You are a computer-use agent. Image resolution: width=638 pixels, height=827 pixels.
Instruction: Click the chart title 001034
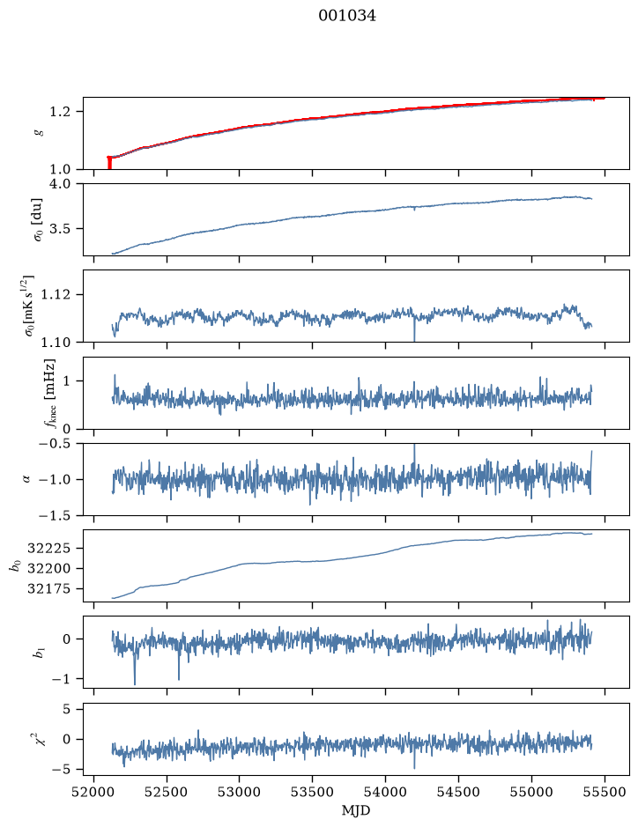(x=346, y=16)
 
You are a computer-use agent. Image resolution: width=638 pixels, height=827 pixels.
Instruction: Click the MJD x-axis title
(x=356, y=810)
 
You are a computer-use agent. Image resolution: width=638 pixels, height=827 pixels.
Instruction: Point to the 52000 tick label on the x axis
(x=94, y=792)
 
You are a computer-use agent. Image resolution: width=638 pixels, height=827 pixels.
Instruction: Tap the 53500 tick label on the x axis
(x=313, y=792)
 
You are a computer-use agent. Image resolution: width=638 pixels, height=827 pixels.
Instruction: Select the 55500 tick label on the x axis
(x=605, y=792)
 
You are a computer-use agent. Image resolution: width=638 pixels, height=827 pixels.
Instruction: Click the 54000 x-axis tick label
(x=385, y=792)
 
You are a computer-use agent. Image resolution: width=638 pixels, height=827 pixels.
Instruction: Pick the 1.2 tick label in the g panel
(x=59, y=112)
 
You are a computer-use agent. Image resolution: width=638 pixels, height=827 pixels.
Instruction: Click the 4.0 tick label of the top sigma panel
(x=59, y=183)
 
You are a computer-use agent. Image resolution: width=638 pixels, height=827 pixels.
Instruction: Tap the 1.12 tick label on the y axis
(x=56, y=294)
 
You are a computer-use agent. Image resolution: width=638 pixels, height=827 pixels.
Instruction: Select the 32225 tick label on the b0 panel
(x=48, y=549)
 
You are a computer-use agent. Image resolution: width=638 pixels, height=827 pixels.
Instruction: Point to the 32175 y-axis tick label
(x=48, y=588)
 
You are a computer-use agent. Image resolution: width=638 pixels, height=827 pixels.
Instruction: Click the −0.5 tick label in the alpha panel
(x=55, y=444)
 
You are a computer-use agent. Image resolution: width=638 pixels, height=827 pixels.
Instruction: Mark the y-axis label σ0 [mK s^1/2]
(x=29, y=306)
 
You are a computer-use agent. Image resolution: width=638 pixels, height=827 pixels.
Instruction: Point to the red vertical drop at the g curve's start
(x=109, y=163)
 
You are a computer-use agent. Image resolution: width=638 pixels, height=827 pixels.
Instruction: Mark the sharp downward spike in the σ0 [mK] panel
(x=414, y=332)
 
